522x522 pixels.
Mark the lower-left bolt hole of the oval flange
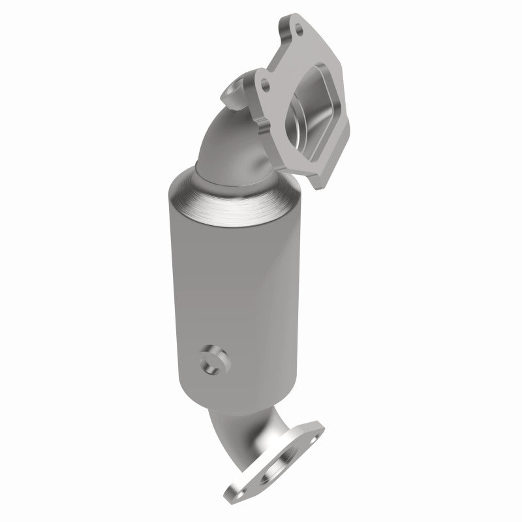point(236,504)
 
